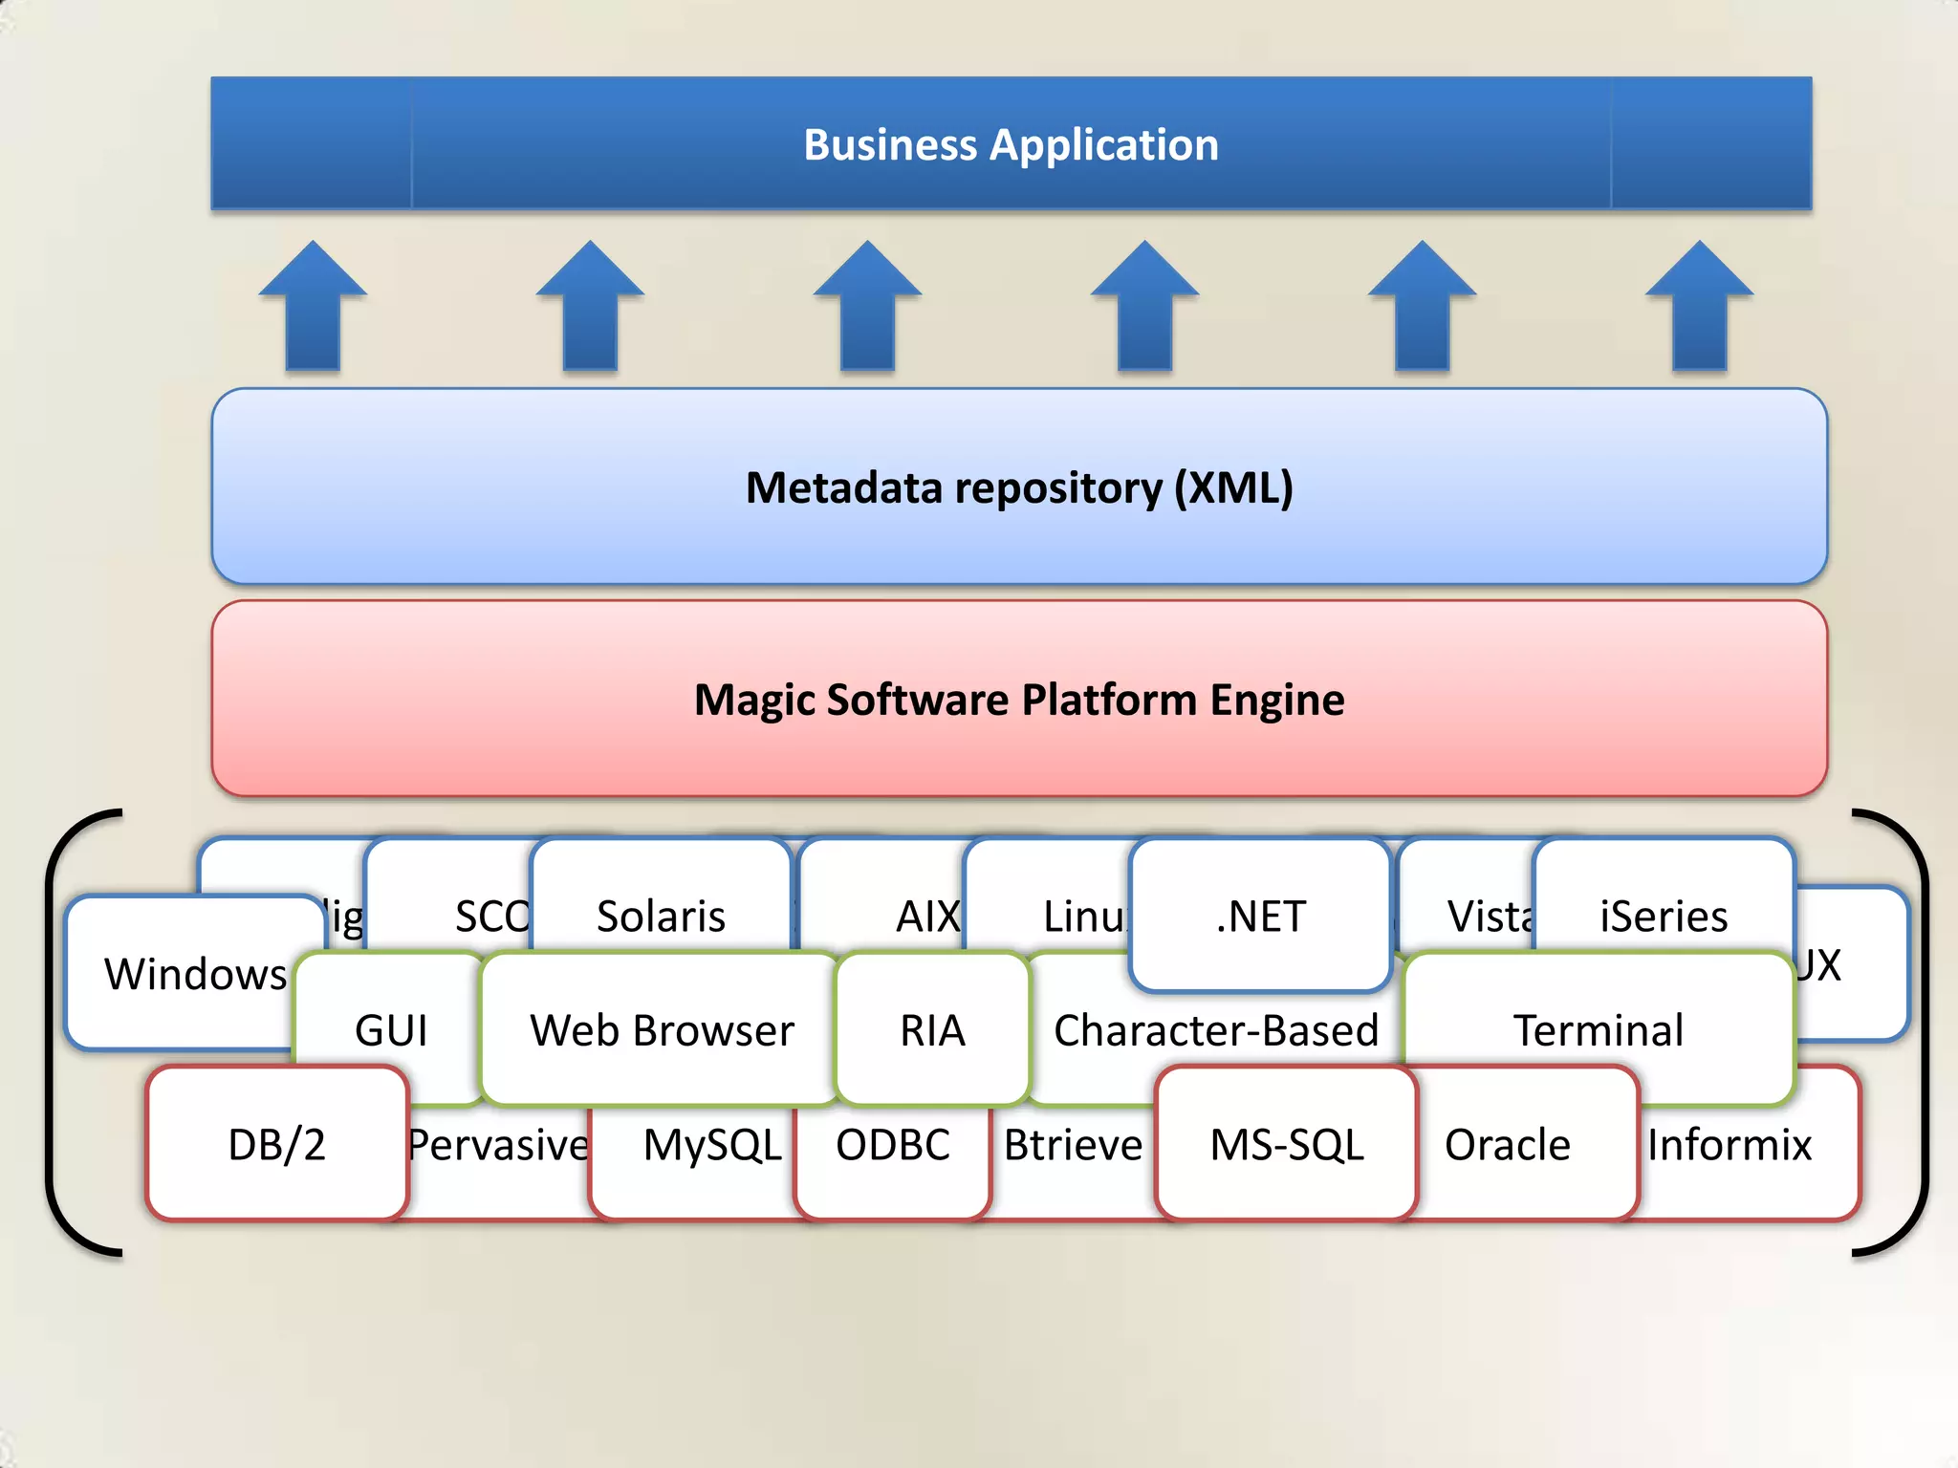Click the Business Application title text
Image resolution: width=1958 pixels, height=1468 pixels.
[x=1011, y=145]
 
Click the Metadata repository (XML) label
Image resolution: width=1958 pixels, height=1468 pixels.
[x=1019, y=487]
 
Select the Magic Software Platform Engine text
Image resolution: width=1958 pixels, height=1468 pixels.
[x=1019, y=700]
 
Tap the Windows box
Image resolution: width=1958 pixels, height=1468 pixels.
[x=195, y=974]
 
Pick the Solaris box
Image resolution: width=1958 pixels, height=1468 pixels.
[x=661, y=916]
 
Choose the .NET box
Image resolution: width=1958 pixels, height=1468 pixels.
[x=1260, y=916]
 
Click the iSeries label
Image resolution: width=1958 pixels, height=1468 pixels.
[x=1664, y=916]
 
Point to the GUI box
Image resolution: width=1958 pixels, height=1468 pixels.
[x=390, y=1030]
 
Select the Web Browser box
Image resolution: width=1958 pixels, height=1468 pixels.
[x=662, y=1030]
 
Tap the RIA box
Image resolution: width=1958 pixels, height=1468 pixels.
[x=932, y=1030]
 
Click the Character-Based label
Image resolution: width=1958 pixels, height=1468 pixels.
[x=1215, y=1030]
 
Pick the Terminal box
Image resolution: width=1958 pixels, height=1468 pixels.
[x=1599, y=1030]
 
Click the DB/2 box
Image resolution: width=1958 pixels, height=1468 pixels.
[x=277, y=1144]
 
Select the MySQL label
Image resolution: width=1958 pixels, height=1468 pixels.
[x=712, y=1144]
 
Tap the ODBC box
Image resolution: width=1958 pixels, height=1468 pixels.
[x=893, y=1144]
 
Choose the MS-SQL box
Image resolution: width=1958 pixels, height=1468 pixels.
[x=1287, y=1144]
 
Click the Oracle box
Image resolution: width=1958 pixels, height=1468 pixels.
[x=1508, y=1144]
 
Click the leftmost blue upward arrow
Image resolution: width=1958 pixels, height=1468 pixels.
[x=313, y=306]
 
